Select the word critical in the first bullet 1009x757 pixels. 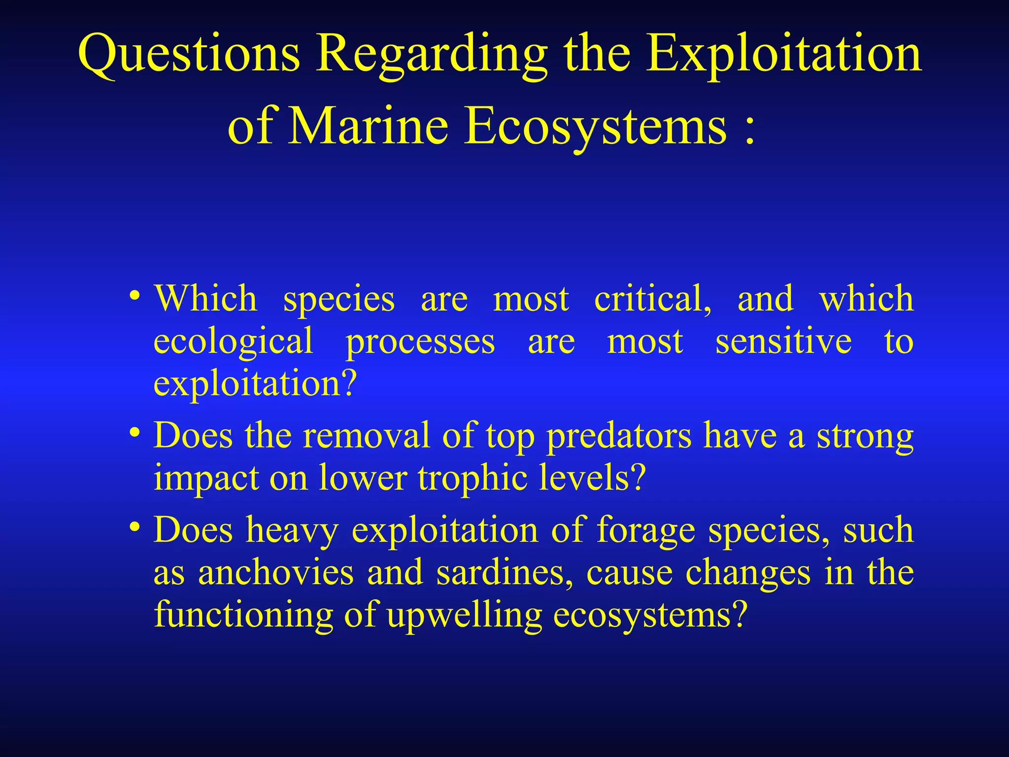click(652, 299)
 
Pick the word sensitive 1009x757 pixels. click(783, 341)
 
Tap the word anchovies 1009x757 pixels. click(276, 573)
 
